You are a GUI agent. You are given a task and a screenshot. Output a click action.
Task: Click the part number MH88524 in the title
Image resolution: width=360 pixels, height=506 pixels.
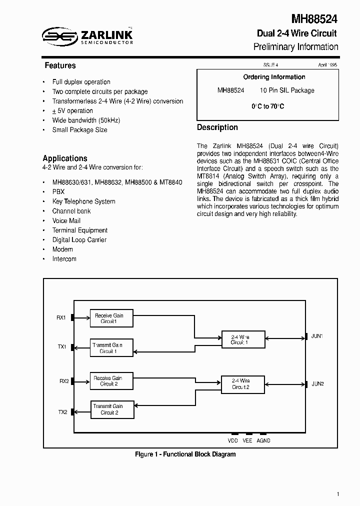[x=314, y=19]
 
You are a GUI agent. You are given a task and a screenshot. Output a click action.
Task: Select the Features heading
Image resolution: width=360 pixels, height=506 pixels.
[x=60, y=65]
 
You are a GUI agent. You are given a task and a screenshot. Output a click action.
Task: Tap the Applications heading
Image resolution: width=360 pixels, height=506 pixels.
[x=65, y=158]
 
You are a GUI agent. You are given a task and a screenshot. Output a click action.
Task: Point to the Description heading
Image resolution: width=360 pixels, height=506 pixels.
[x=217, y=127]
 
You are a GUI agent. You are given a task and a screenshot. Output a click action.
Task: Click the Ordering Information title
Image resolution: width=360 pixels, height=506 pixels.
[x=274, y=77]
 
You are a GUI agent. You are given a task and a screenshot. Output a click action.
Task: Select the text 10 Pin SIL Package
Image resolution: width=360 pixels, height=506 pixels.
[x=287, y=90]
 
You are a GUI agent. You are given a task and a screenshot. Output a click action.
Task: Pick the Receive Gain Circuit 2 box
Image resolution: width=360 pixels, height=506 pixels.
[x=112, y=381]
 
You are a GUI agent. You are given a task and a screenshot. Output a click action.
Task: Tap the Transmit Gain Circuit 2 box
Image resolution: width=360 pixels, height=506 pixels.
[x=112, y=409]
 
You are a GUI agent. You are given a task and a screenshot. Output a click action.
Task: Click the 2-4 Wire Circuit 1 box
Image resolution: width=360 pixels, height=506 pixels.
[x=243, y=340]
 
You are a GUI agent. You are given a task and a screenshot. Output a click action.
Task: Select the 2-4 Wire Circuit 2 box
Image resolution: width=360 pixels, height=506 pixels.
[x=243, y=383]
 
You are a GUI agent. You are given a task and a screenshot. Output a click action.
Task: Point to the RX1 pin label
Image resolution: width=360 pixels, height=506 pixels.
[x=61, y=317]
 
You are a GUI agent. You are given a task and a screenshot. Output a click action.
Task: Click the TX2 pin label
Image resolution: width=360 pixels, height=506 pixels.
[x=62, y=412]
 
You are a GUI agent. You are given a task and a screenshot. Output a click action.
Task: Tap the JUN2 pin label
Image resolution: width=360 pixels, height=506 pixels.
[x=317, y=383]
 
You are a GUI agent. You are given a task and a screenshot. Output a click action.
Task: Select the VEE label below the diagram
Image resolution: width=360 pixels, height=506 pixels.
[x=247, y=440]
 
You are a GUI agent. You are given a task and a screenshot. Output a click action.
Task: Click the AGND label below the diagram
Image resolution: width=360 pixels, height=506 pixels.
[x=263, y=440]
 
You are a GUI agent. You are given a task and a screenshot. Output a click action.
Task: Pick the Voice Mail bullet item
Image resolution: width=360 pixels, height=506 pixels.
[x=66, y=220]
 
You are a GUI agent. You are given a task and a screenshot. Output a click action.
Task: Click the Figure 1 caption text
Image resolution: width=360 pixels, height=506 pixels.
[x=185, y=454]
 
